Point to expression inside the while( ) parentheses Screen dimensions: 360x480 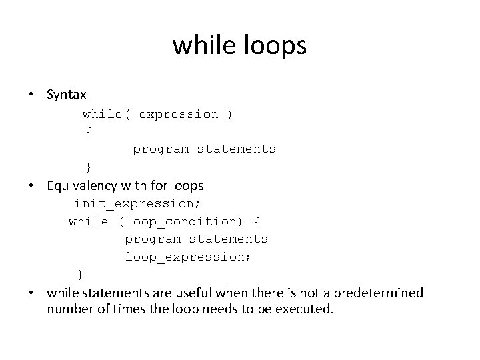click(178, 114)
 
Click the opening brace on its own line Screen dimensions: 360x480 click(89, 131)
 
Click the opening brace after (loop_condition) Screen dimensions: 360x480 click(258, 221)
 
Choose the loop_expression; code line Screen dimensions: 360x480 click(188, 257)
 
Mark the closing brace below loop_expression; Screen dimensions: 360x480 click(81, 274)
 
